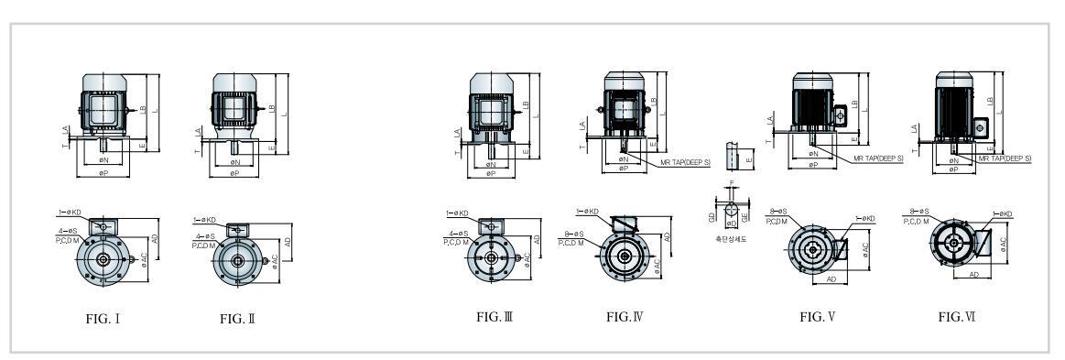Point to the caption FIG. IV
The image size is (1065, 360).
tap(626, 317)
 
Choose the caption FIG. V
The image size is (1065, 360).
tap(818, 317)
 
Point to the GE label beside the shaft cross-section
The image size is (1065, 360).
tap(745, 216)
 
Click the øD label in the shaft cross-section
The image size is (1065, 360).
tap(730, 223)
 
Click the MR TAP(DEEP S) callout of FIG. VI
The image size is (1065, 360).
tap(1005, 158)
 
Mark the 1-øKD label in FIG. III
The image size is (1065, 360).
tap(457, 213)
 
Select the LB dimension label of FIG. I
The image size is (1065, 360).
tap(143, 108)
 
